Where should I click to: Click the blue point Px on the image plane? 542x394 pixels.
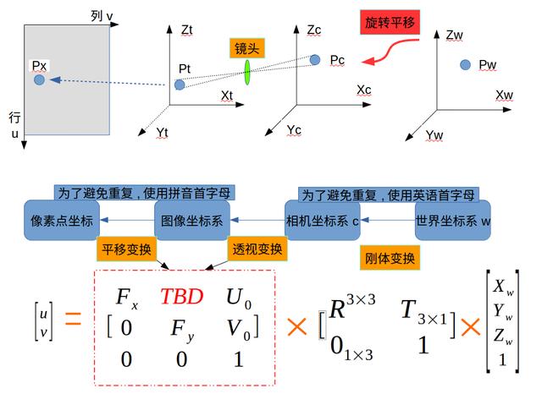[x=39, y=79]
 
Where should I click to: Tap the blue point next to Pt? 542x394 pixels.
[x=179, y=85]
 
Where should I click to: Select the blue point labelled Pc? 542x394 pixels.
[x=315, y=59]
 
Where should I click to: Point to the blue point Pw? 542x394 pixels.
[x=465, y=64]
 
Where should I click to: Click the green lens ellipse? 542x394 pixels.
[x=247, y=72]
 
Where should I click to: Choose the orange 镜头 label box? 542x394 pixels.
[x=246, y=49]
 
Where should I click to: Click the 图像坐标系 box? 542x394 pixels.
[x=191, y=220]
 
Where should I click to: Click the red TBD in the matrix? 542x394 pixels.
[x=182, y=297]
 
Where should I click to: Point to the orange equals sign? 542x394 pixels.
[x=73, y=320]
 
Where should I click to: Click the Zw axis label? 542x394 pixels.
[x=455, y=35]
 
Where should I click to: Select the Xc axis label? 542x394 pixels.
[x=364, y=89]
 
